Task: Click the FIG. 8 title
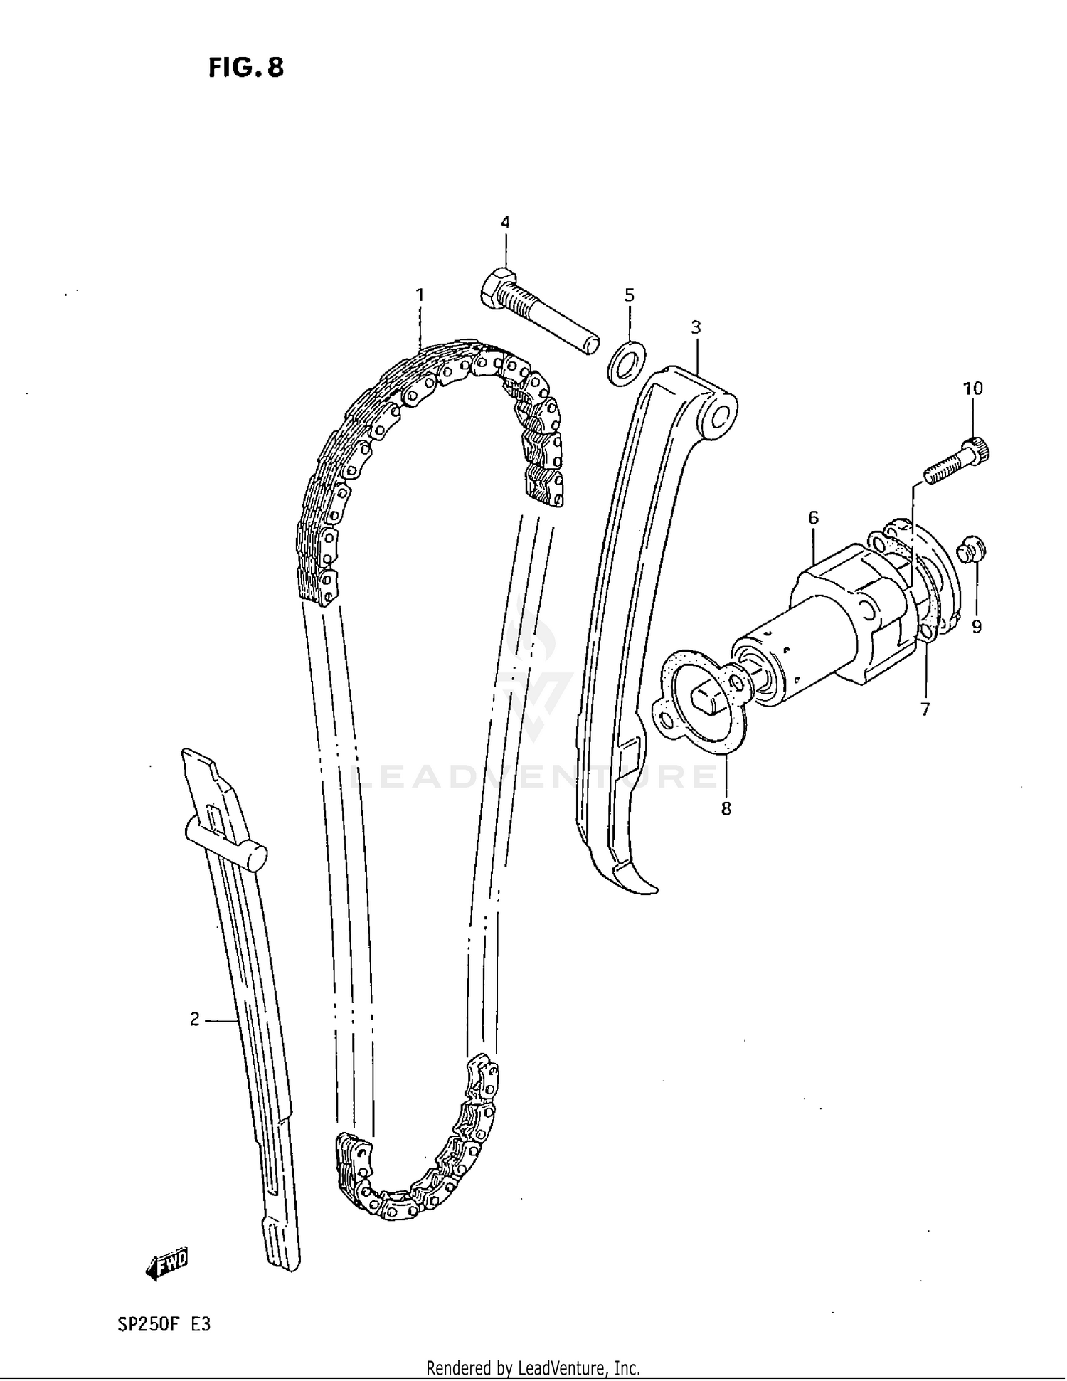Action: coord(246,68)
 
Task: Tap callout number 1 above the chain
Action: coord(420,295)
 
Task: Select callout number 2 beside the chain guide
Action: coord(195,1020)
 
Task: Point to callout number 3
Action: coord(696,327)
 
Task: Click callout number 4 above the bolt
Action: coord(504,223)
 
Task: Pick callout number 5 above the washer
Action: coord(629,295)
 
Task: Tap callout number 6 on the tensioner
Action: coord(813,517)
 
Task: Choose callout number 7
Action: coord(925,709)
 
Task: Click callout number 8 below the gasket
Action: coord(726,808)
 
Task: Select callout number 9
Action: coord(976,626)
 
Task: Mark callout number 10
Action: coord(972,388)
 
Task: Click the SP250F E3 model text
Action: coord(163,1325)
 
